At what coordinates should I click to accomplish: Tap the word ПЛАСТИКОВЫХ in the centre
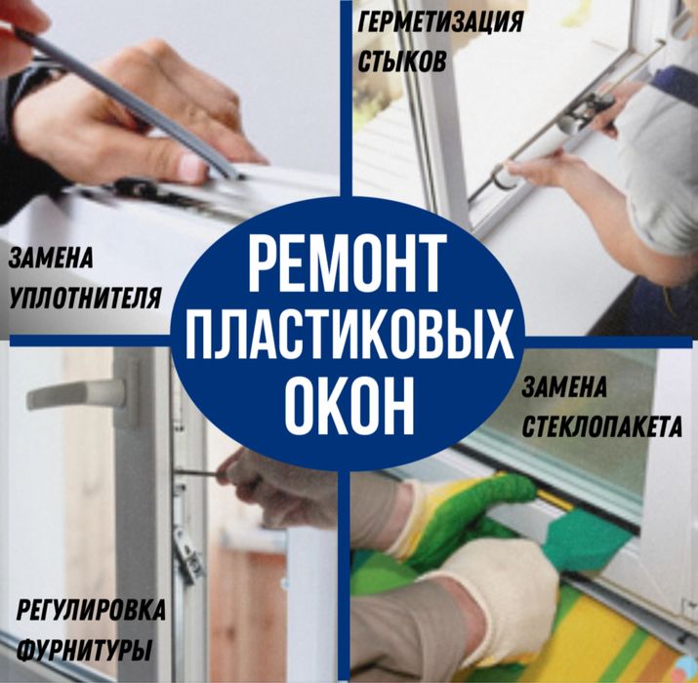tap(349, 334)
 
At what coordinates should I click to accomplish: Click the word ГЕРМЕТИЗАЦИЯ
tap(440, 20)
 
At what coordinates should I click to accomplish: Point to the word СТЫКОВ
tap(401, 60)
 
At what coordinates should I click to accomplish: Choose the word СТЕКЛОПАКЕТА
tap(601, 427)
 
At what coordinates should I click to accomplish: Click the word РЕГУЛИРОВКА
tap(91, 610)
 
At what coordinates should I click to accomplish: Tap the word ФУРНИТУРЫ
tap(85, 650)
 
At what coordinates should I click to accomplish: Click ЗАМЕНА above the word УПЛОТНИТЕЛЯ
tap(51, 257)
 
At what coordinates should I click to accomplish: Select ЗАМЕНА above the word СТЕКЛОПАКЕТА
tap(563, 386)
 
